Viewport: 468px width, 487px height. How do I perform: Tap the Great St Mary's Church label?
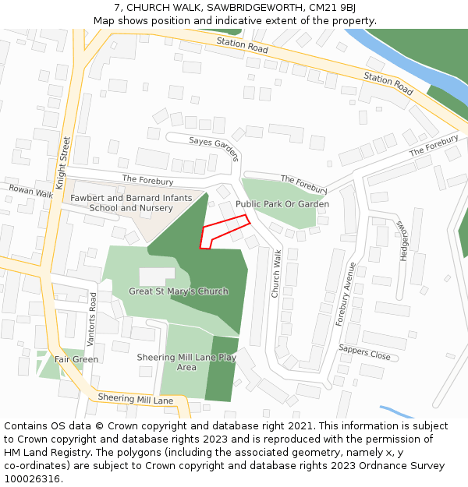pos(179,291)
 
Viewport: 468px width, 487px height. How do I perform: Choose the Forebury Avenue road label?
pos(346,294)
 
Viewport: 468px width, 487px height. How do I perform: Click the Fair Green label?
pos(76,359)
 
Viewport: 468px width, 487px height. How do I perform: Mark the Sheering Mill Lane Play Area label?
pos(186,362)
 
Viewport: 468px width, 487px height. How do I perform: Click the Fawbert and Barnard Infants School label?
pos(131,203)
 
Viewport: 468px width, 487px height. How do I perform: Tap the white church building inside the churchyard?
pos(157,277)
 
